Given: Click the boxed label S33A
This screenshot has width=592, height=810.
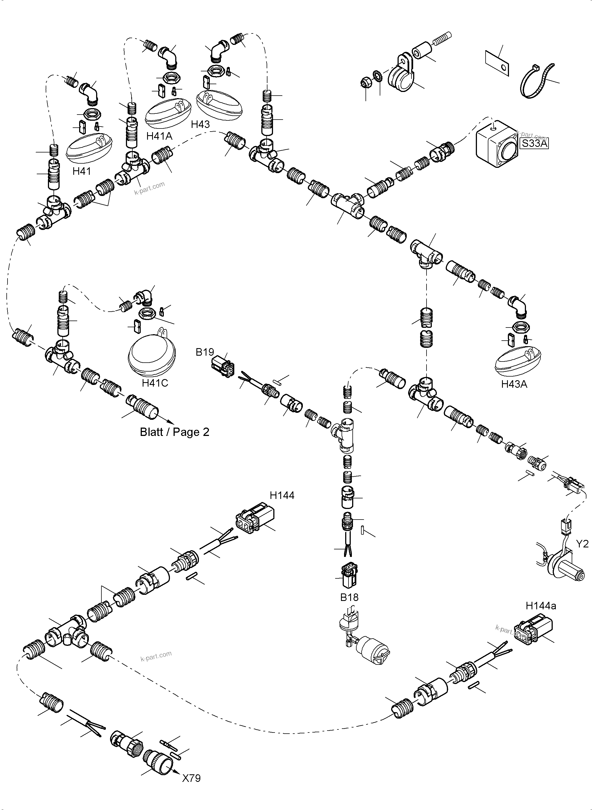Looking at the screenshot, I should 534,144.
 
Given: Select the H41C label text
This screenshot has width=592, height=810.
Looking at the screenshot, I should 155,383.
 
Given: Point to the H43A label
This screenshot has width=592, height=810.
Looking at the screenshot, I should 514,384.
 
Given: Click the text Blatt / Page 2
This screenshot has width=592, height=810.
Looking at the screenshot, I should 174,432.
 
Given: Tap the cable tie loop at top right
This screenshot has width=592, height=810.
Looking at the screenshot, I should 537,81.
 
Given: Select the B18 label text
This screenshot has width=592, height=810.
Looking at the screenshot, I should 349,597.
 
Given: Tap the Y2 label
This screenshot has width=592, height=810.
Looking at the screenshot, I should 582,544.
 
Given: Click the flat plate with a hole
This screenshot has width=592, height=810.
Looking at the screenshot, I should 498,63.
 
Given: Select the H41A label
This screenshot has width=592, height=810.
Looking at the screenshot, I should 159,136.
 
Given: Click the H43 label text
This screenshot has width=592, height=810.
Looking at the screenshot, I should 200,124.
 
